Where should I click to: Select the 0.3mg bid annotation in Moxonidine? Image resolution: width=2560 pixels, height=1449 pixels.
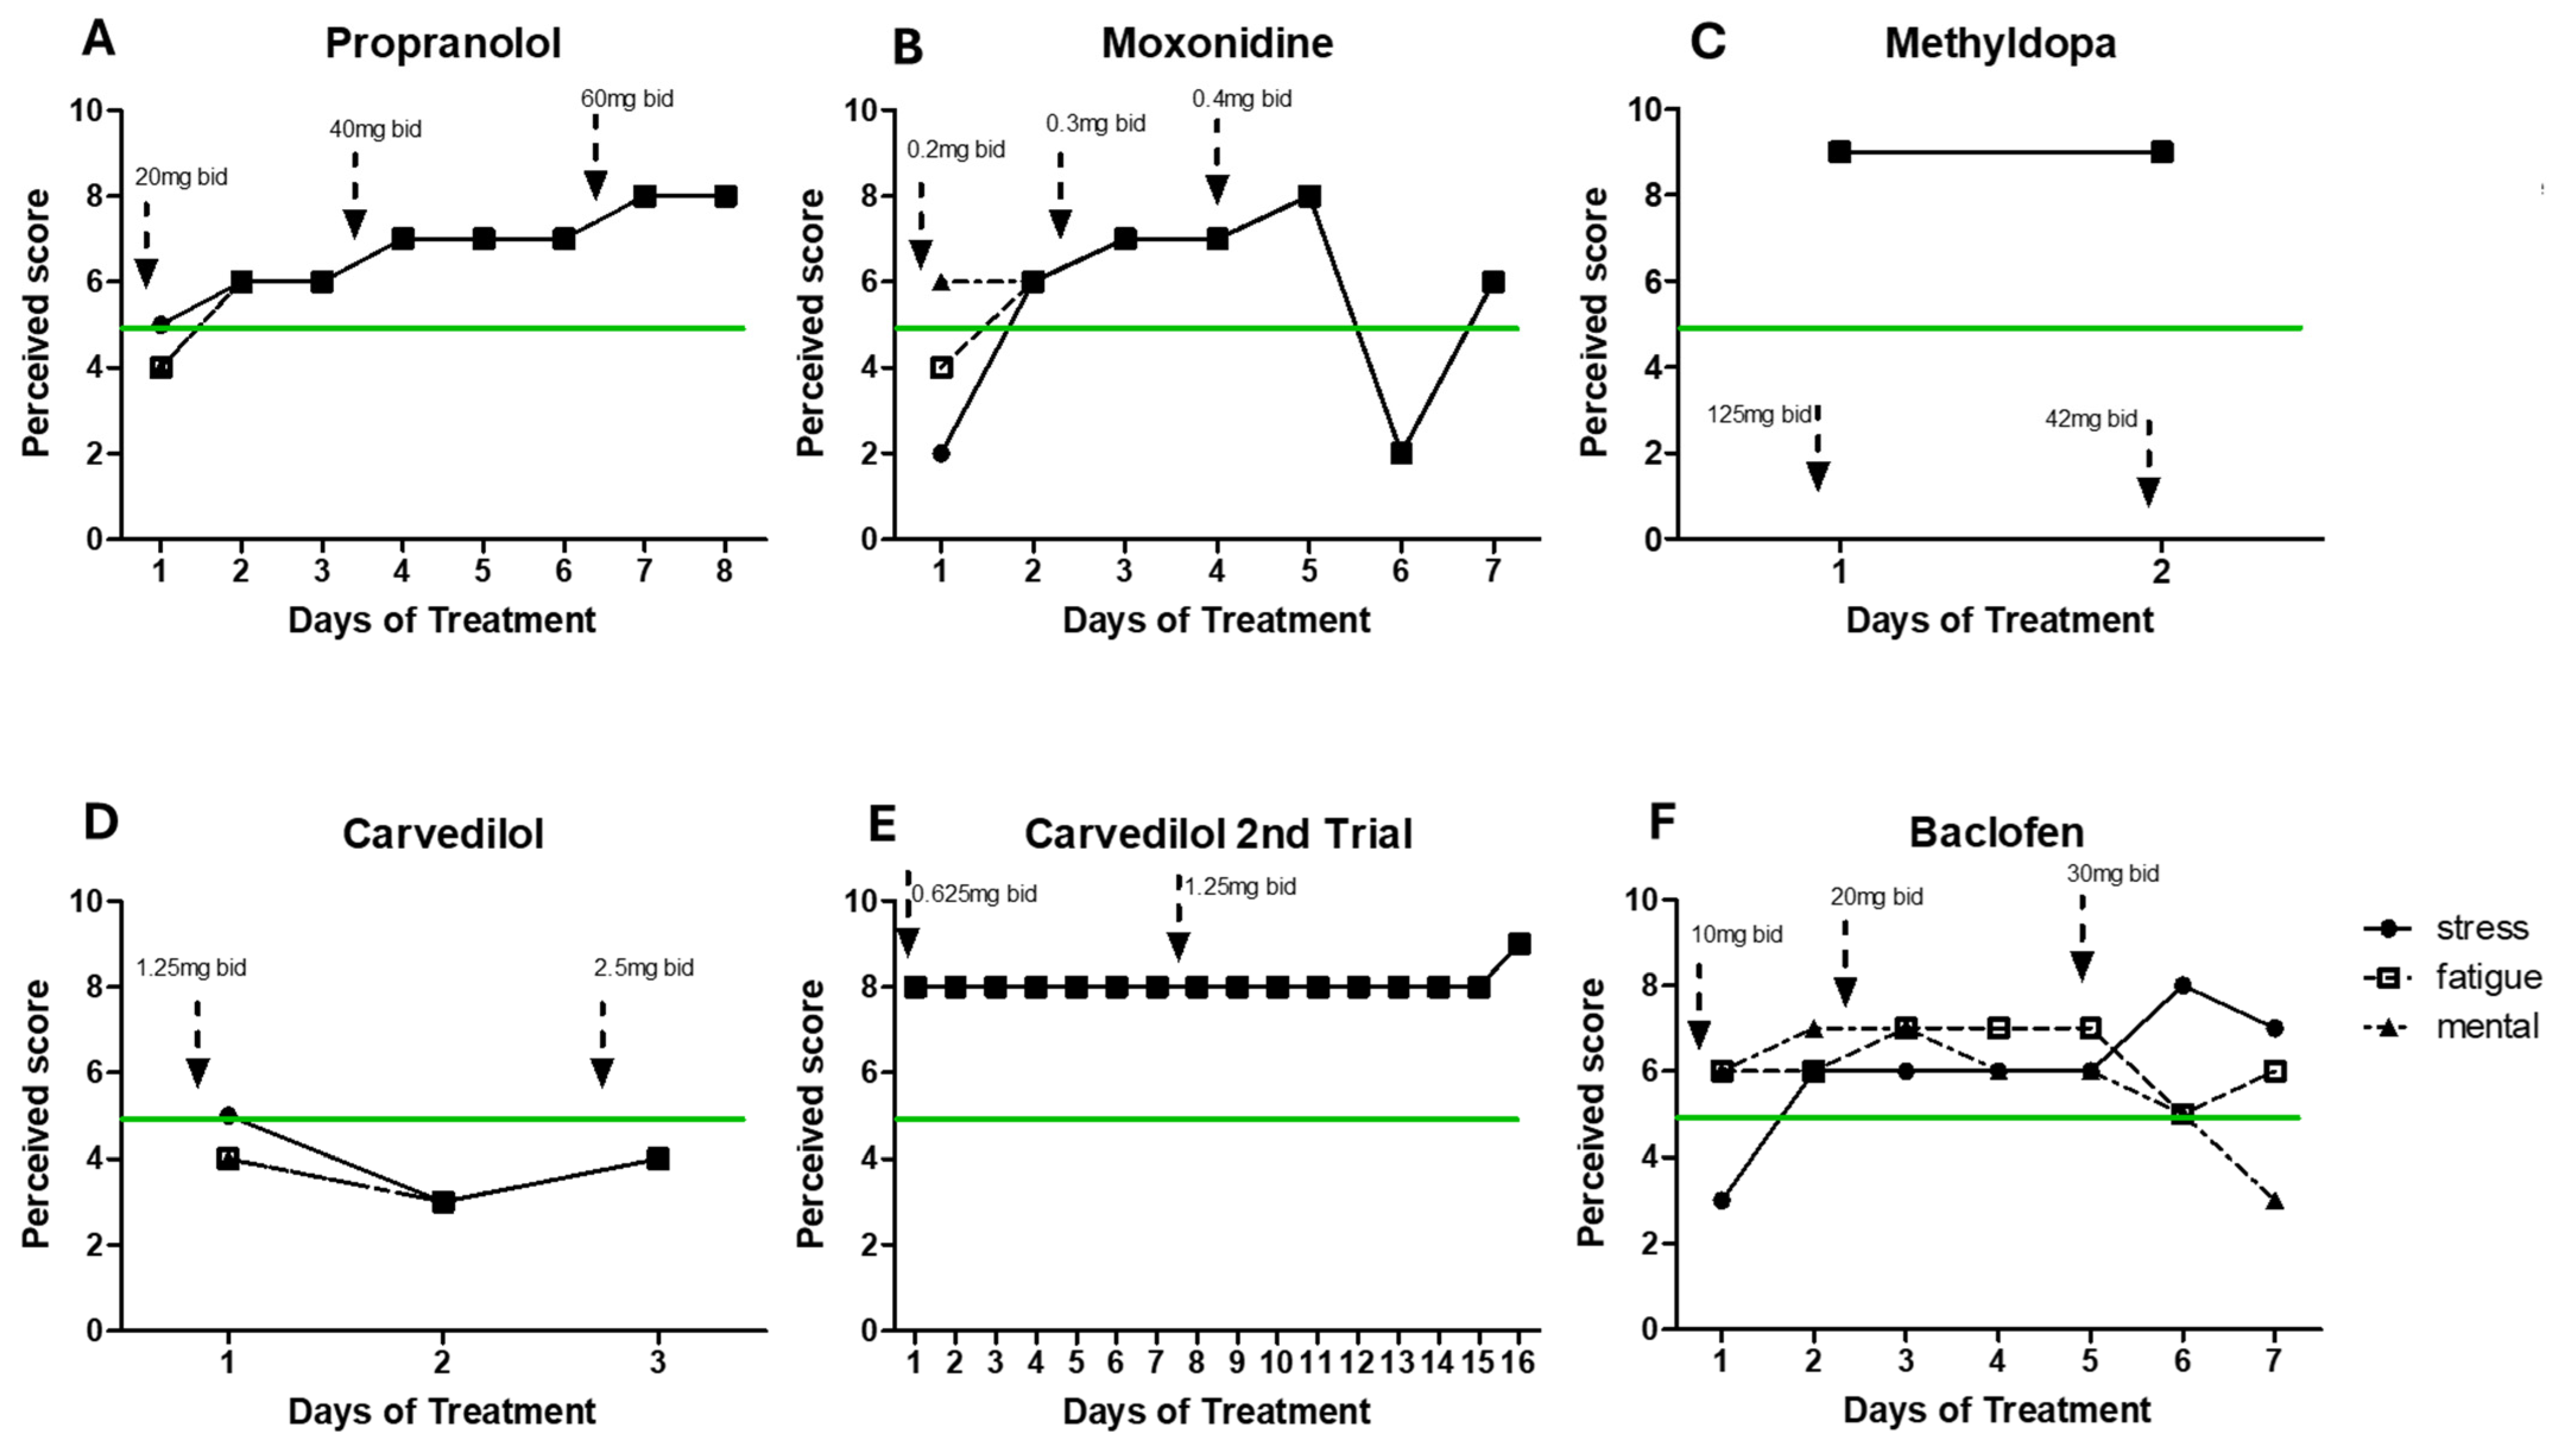coord(1095,124)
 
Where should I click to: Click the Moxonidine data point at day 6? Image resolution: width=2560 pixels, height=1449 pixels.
coord(1401,453)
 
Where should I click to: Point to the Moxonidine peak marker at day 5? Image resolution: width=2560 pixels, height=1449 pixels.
coord(1309,196)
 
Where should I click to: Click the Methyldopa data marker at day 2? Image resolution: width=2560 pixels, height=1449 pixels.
coord(2161,152)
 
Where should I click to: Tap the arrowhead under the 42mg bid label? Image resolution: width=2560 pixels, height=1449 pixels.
coord(2148,491)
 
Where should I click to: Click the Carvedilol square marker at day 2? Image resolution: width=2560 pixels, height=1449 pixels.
coord(444,1201)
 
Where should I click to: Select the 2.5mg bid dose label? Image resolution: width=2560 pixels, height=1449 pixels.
coord(644,967)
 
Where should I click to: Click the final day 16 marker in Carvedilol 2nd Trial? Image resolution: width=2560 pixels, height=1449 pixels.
coord(1519,943)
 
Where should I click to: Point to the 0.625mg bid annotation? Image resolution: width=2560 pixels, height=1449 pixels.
coord(974,894)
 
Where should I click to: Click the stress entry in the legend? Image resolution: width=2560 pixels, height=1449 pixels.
coord(2482,929)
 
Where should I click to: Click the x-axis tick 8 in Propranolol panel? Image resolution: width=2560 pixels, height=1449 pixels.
coord(724,572)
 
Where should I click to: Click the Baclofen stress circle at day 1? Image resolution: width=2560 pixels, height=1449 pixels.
coord(1723,1200)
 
